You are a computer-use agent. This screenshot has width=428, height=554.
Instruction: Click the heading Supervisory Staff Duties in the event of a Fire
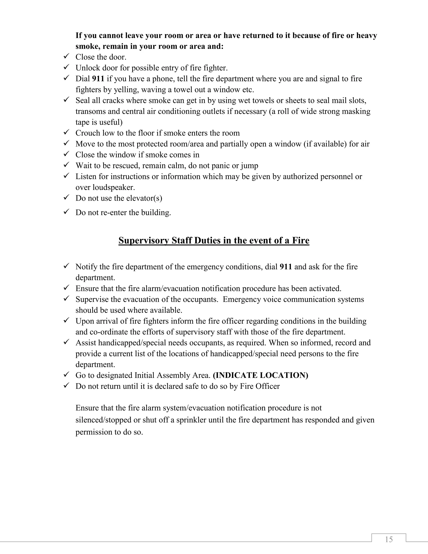click(214, 240)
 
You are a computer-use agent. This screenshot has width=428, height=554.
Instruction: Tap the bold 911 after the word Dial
click(98, 79)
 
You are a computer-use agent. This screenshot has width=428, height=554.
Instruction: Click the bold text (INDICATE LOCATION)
click(260, 375)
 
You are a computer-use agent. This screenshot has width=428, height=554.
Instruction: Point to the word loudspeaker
click(114, 187)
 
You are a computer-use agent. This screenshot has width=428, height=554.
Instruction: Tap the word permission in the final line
click(93, 432)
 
